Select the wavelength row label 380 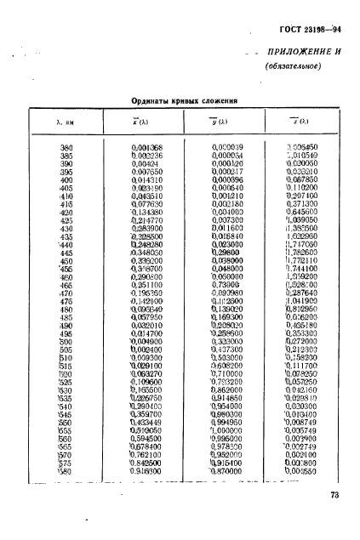point(66,148)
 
